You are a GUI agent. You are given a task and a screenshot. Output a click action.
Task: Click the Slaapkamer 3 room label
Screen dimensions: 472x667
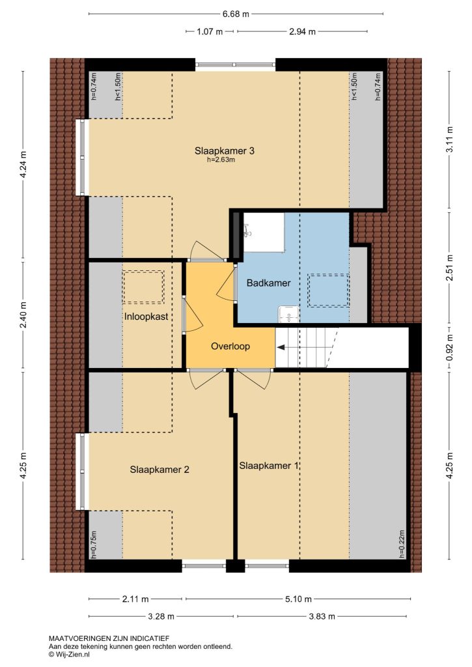pos(225,150)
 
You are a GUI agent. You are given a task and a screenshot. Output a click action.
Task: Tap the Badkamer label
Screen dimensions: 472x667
pos(269,283)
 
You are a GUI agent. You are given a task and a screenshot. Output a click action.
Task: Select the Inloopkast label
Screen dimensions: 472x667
pos(146,317)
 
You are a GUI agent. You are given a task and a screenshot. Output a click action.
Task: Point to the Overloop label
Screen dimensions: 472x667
pos(230,347)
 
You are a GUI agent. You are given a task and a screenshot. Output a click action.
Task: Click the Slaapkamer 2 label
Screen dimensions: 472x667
pos(160,470)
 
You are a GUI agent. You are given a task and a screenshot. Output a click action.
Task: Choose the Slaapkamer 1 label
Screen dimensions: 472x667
pos(269,466)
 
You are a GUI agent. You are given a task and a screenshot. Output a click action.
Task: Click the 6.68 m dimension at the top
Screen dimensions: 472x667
pos(236,14)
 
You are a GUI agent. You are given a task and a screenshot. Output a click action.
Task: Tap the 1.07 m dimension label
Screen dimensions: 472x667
pos(210,31)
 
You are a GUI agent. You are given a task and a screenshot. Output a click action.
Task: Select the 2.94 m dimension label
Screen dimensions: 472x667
pos(303,31)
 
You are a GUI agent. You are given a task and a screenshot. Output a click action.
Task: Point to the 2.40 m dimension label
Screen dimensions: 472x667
pos(23,315)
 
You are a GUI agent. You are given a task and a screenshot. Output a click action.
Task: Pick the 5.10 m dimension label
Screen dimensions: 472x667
pos(299,599)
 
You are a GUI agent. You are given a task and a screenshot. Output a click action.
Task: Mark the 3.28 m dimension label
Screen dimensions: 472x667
pos(161,616)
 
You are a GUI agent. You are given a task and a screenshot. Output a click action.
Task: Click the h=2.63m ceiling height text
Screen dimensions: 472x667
pos(221,160)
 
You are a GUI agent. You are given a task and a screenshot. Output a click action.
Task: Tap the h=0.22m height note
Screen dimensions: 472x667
pos(402,544)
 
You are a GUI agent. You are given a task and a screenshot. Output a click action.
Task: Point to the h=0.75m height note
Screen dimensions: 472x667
pos(94,545)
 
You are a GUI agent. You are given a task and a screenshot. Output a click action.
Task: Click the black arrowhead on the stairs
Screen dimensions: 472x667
pos(281,347)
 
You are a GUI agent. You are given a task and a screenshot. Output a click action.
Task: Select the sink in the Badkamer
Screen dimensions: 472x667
pos(288,315)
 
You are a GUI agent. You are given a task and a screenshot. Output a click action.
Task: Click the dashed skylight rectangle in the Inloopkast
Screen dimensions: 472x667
pos(143,287)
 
